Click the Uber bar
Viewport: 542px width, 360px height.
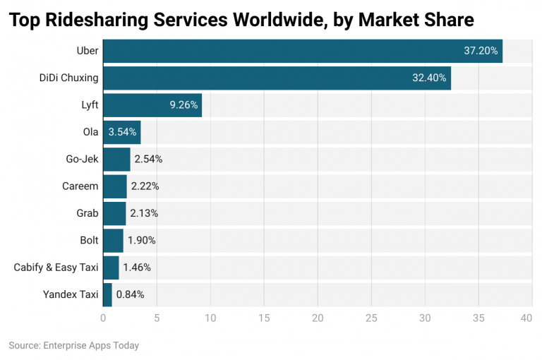point(303,52)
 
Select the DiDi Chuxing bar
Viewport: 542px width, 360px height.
point(277,78)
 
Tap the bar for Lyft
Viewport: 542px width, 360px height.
point(152,105)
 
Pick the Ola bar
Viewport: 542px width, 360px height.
point(122,132)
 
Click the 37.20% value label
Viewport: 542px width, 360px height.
point(481,52)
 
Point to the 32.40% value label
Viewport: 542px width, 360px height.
point(429,78)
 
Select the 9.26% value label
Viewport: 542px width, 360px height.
point(183,105)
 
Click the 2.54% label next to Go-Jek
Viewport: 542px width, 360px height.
point(149,160)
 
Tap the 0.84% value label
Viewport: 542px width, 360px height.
point(131,294)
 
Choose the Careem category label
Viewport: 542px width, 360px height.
point(80,186)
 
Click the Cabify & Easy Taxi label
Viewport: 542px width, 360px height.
point(56,268)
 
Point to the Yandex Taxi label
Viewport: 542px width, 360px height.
point(70,294)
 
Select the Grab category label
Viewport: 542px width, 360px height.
point(87,213)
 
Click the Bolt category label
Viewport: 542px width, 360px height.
point(89,240)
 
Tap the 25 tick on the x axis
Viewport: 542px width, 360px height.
point(371,318)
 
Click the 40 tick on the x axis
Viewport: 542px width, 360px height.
point(526,318)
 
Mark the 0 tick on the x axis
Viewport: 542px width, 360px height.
point(103,318)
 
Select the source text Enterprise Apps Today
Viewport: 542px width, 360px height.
point(91,346)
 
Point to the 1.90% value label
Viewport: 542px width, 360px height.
point(142,240)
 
